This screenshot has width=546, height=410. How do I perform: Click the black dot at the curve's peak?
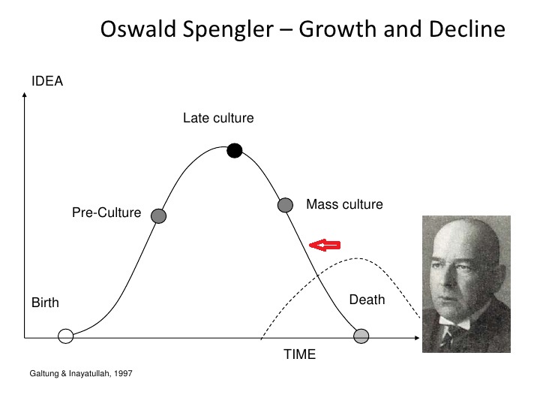(234, 150)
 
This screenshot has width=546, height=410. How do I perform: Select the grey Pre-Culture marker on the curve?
(158, 216)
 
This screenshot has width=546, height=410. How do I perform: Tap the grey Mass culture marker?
(285, 205)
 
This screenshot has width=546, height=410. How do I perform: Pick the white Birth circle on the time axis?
(66, 336)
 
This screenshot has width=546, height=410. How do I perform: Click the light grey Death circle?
(361, 336)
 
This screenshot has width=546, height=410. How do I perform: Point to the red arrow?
(325, 245)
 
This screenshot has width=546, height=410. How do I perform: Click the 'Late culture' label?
(218, 118)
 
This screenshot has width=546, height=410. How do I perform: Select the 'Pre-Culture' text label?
(106, 213)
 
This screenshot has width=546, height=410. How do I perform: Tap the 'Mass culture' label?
(344, 204)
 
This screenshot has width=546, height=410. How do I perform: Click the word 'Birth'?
(45, 303)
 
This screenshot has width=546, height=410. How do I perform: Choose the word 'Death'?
(367, 300)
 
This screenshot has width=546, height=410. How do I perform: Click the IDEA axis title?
(47, 81)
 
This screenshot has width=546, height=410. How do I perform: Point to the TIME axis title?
(300, 354)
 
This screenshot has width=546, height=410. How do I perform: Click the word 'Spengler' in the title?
(228, 29)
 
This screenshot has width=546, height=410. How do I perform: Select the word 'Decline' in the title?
(467, 29)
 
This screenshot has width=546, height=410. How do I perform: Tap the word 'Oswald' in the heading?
(138, 29)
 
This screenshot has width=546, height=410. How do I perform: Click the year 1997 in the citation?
(123, 373)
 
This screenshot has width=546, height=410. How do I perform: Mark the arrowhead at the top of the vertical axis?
(24, 95)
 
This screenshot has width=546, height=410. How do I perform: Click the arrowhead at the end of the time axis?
(417, 338)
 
